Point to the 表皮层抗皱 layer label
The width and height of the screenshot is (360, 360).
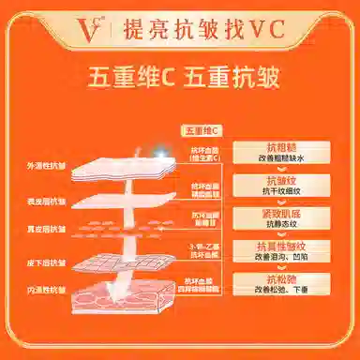(46, 202)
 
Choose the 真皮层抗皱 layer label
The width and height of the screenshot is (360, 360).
(46, 230)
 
